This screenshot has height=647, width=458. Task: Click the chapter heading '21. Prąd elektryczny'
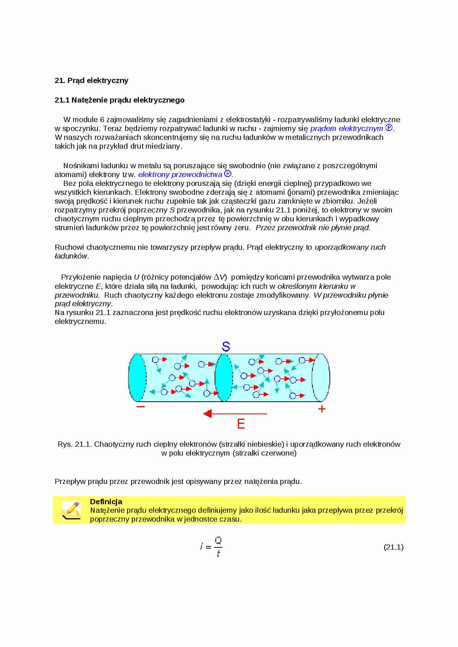click(92, 80)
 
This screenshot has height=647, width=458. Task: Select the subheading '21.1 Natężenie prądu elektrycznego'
click(119, 100)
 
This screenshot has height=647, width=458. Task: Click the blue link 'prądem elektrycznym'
click(346, 128)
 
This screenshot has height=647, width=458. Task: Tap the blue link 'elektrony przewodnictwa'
click(180, 174)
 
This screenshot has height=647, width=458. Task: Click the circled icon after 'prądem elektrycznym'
click(389, 128)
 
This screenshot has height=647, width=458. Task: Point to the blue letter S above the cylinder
click(226, 346)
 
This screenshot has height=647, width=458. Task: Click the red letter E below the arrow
click(241, 424)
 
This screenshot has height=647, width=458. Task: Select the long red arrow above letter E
click(235, 414)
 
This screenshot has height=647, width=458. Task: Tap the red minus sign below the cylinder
click(141, 406)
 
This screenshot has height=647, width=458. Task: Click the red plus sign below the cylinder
click(322, 409)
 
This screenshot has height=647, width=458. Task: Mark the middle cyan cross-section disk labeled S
click(223, 378)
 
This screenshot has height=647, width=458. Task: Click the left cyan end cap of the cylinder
click(137, 378)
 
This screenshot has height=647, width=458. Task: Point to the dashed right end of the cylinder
click(321, 378)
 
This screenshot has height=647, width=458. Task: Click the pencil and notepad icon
click(71, 510)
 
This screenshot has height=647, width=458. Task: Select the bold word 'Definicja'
click(106, 502)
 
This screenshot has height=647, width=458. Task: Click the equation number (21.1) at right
click(393, 547)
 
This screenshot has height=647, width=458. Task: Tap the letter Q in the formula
click(218, 541)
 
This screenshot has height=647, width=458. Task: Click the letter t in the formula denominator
click(218, 553)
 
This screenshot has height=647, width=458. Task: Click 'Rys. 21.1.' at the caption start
click(74, 444)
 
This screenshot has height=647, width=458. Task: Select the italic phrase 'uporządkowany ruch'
click(350, 247)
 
